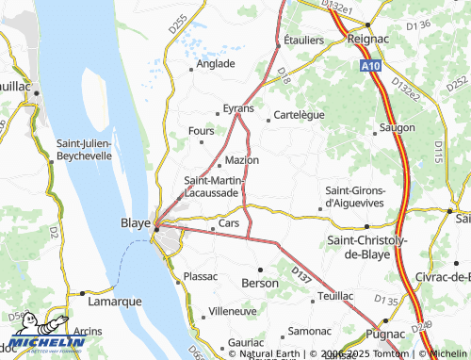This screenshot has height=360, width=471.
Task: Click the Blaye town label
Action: click(x=136, y=223)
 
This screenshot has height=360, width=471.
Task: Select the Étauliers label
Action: click(x=303, y=41)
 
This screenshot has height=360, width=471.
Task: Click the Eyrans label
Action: click(x=238, y=108)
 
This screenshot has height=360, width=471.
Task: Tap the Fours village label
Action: click(x=202, y=131)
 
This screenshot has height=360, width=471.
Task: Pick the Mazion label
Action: click(x=242, y=160)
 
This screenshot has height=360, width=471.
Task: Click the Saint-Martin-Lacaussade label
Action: click(x=215, y=187)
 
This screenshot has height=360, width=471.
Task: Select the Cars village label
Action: click(x=229, y=223)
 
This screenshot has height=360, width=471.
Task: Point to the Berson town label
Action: click(x=260, y=283)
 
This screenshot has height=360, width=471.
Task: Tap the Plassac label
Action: click(x=201, y=276)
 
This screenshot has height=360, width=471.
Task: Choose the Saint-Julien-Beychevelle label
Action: click(x=84, y=150)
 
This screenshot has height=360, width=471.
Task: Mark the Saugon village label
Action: click(x=397, y=125)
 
